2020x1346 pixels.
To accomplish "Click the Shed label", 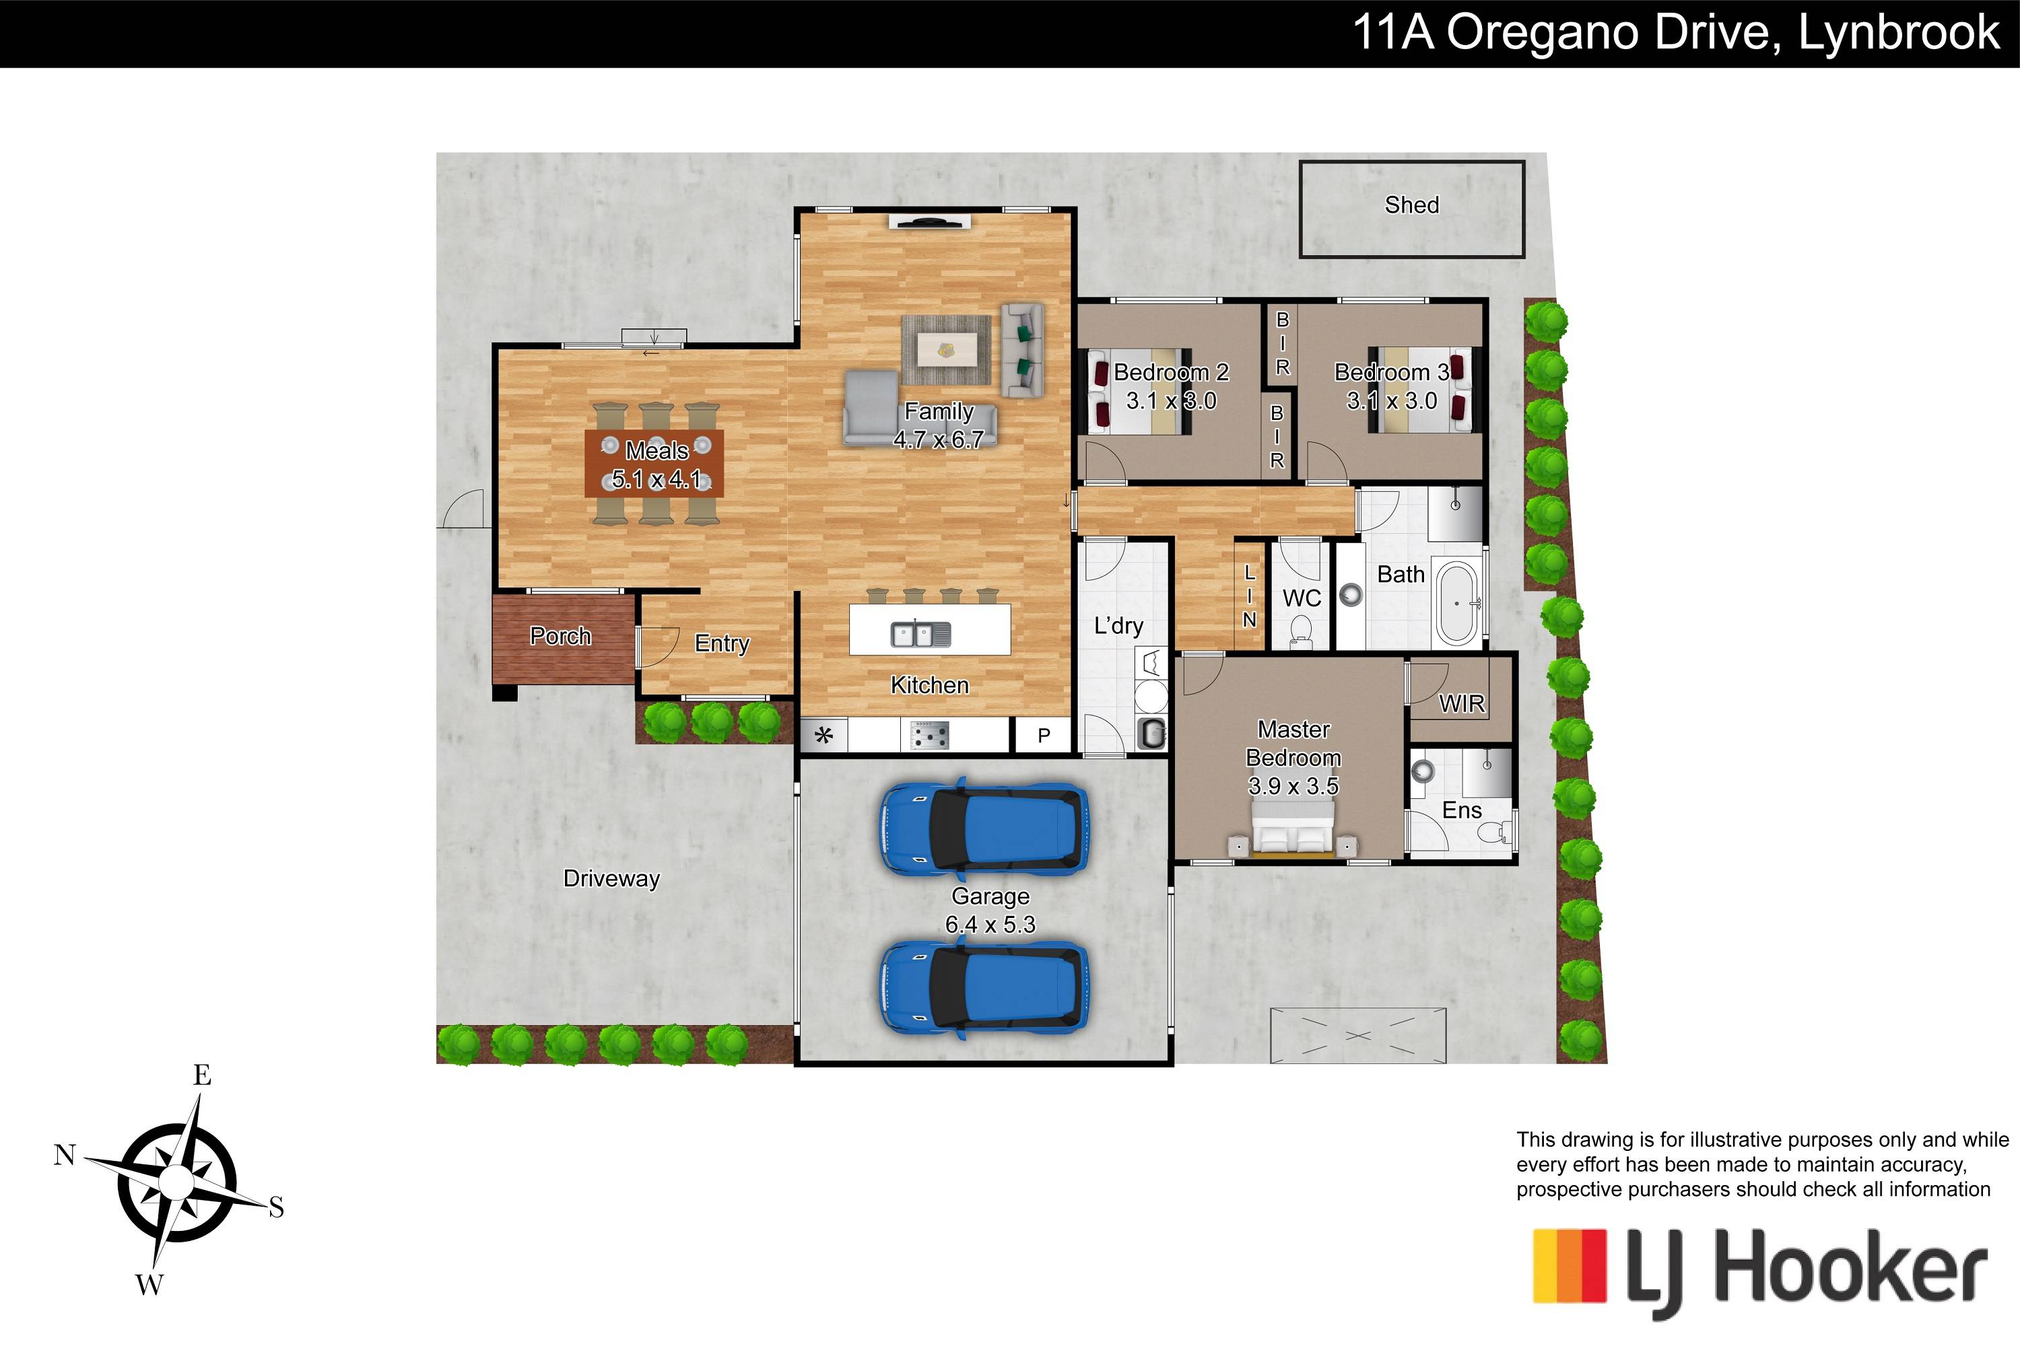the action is pyautogui.click(x=1411, y=205).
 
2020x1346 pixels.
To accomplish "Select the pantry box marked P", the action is pyautogui.click(x=1044, y=735).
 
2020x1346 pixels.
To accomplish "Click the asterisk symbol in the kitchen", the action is pyautogui.click(x=823, y=735).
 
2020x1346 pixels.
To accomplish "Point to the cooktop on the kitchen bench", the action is pyautogui.click(x=930, y=735).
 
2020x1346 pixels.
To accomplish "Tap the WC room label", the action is pyautogui.click(x=1301, y=598).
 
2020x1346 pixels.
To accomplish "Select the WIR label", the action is pyautogui.click(x=1462, y=704).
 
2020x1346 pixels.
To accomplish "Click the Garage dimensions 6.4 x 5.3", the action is pyautogui.click(x=990, y=925).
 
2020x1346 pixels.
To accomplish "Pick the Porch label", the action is pyautogui.click(x=560, y=636).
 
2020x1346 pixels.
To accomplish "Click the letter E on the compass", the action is pyautogui.click(x=202, y=1075).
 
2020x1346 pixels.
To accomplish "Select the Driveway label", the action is pyautogui.click(x=611, y=879).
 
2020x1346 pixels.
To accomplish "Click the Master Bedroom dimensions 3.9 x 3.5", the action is pyautogui.click(x=1293, y=785).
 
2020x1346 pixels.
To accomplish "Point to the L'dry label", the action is pyautogui.click(x=1118, y=626).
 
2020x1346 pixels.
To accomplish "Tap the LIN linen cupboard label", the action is pyautogui.click(x=1250, y=596).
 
